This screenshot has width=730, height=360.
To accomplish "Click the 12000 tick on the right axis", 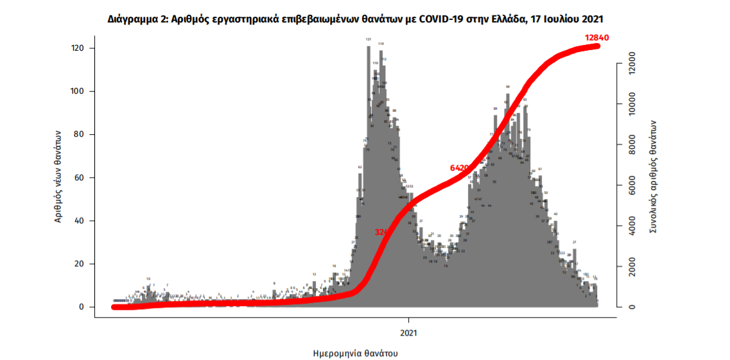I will (632, 64).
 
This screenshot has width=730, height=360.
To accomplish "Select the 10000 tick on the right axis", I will (632, 105).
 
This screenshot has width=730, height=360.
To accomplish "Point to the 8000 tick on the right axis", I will (632, 145).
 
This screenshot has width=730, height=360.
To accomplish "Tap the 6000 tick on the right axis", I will (632, 185).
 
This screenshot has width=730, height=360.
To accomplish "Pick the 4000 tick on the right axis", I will (632, 226).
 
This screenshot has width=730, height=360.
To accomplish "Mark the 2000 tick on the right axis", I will (632, 266).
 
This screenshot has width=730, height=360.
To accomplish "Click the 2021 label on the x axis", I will (409, 333).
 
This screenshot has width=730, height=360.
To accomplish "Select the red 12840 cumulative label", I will (596, 38).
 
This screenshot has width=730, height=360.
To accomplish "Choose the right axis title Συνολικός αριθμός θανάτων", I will (653, 176).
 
